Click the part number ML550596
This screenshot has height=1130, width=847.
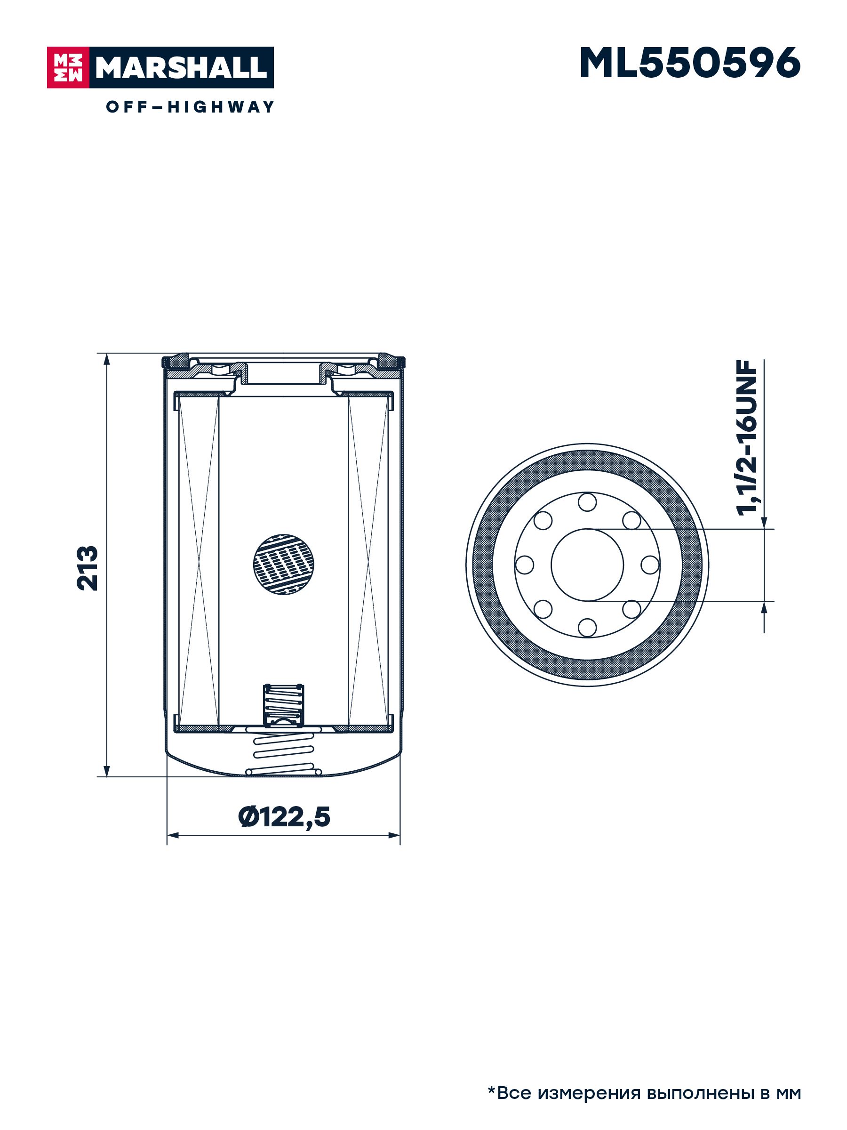pos(690,64)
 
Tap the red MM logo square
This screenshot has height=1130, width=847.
pos(68,67)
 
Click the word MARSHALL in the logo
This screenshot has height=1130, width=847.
pos(181,67)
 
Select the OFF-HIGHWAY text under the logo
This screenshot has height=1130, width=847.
pos(190,107)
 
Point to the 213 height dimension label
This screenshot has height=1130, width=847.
pos(88,568)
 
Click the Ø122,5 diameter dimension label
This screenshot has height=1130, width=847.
pos(284,816)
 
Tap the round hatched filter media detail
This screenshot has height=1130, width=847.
pos(283,565)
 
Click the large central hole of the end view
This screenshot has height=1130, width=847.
pos(587,565)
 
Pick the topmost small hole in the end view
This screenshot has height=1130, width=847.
pos(587,501)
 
